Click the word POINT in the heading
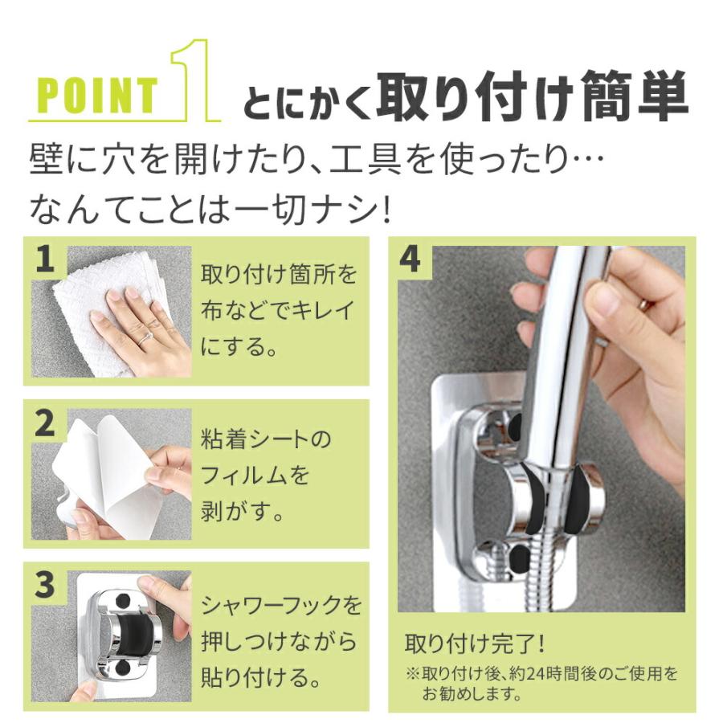[98, 95]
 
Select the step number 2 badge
[46, 424]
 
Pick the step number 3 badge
[46, 586]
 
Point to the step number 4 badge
[410, 260]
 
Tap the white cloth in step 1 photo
[88, 297]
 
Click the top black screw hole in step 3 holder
[124, 600]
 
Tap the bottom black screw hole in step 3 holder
[124, 668]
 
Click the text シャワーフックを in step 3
[280, 603]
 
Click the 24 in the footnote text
[542, 672]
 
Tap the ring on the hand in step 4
[645, 306]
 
